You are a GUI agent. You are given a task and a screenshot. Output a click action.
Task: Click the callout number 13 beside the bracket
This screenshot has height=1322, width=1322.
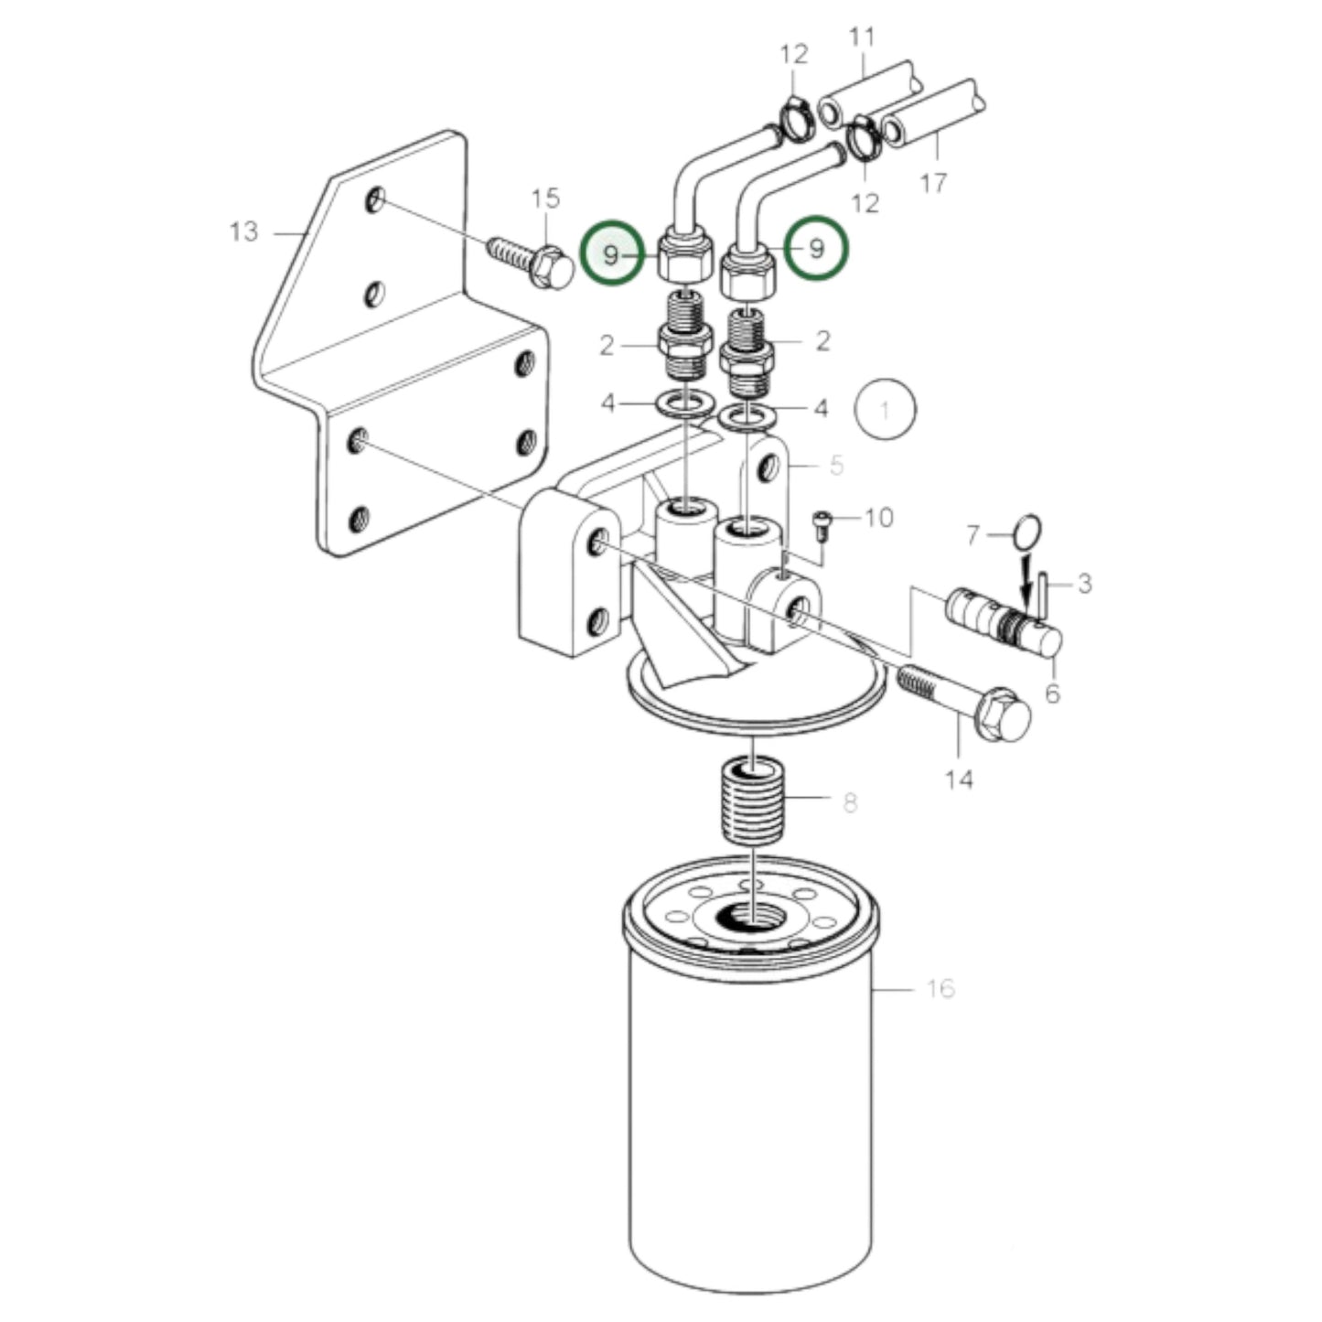[x=243, y=231]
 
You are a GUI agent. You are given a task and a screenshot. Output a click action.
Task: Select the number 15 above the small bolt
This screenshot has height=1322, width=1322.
[x=546, y=199]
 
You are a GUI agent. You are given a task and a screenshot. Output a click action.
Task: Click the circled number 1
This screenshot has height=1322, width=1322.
[x=885, y=410]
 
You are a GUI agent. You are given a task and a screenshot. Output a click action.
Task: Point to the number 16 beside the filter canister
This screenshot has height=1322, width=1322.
[x=940, y=989]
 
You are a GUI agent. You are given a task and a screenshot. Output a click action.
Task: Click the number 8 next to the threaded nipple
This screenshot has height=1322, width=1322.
[x=850, y=802]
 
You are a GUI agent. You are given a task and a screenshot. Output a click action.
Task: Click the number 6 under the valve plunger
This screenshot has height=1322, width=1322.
[x=1052, y=693]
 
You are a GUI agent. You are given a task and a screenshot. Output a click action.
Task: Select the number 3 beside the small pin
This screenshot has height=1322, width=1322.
[x=1084, y=584]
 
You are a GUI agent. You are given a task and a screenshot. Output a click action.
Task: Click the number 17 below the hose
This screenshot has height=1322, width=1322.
[x=932, y=183]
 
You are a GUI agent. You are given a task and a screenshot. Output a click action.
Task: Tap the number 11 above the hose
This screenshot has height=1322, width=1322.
[x=862, y=36]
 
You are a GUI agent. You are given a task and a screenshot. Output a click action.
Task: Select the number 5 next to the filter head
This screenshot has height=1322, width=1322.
[x=836, y=465]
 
